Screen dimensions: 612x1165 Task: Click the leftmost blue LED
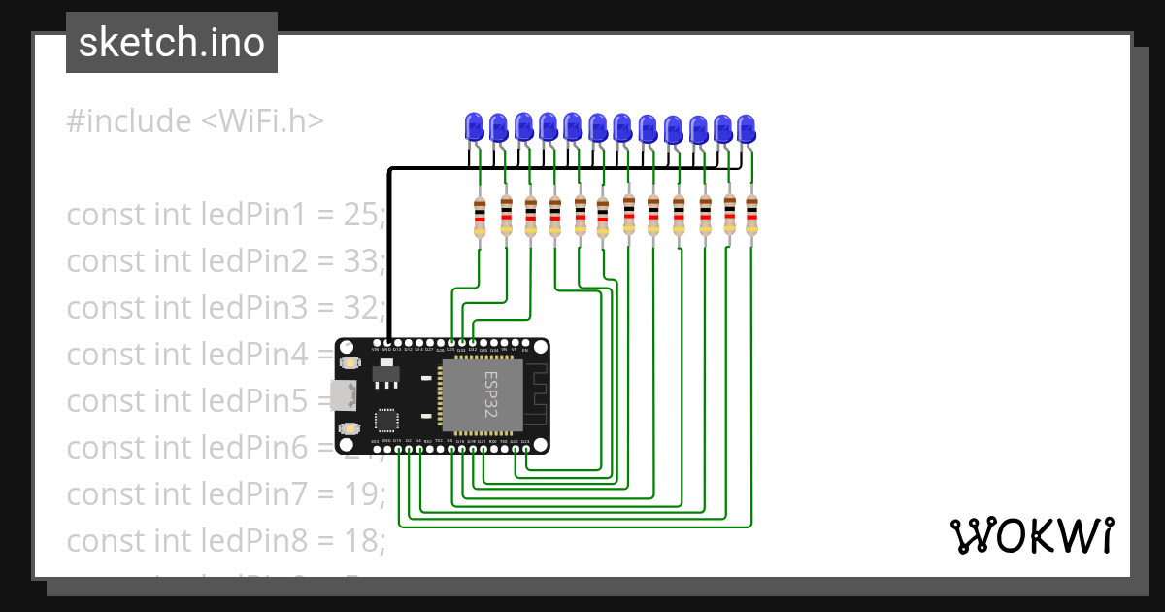click(474, 126)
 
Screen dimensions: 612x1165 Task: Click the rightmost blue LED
click(746, 128)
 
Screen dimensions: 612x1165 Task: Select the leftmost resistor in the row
click(480, 216)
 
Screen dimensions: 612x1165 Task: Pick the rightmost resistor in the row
click(751, 216)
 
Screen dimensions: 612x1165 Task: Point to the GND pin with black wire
click(387, 344)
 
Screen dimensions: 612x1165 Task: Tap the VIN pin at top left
click(376, 344)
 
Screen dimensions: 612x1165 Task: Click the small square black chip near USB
click(386, 420)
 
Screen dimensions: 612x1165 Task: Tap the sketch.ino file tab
click(172, 43)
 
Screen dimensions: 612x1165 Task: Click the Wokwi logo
click(1030, 535)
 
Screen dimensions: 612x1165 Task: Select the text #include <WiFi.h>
click(194, 121)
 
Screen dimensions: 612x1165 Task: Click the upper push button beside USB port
click(348, 362)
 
